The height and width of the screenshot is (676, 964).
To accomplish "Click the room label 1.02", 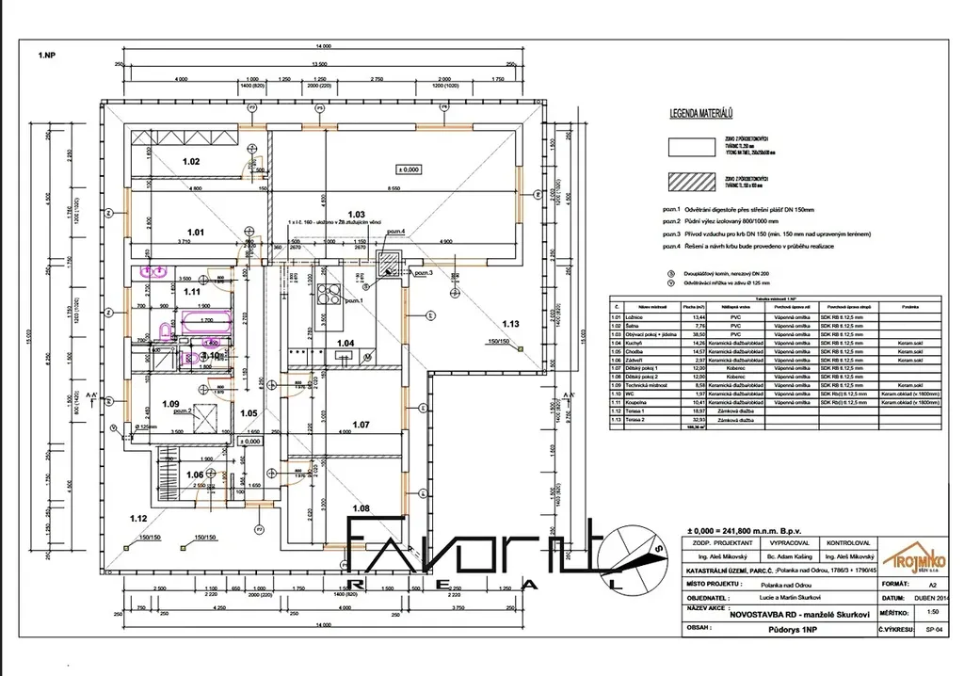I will pyautogui.click(x=190, y=162).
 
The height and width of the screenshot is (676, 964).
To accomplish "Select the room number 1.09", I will pyautogui.click(x=169, y=405).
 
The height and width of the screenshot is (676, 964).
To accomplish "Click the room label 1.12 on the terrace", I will pyautogui.click(x=138, y=519).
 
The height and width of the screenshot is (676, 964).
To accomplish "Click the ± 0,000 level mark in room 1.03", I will pyautogui.click(x=409, y=169).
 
